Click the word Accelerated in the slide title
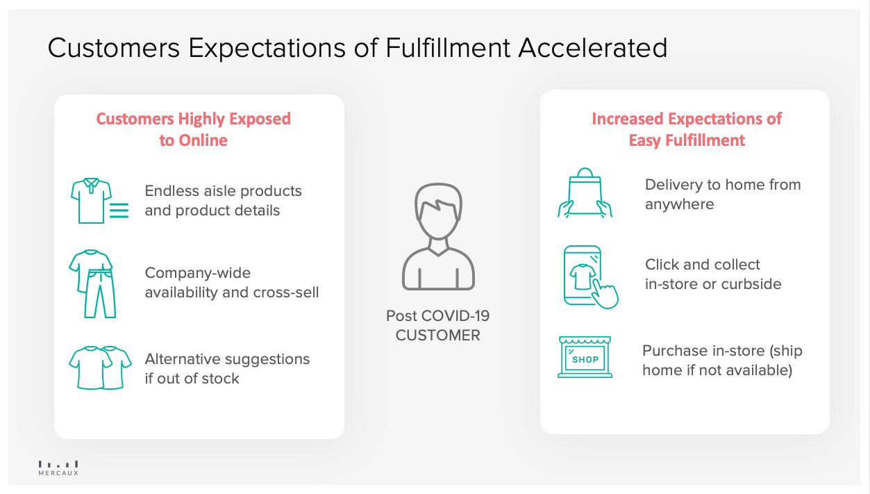click(x=593, y=48)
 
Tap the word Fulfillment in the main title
click(x=447, y=48)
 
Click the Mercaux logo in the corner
click(x=58, y=468)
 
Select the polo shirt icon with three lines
click(x=99, y=201)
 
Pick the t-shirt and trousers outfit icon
click(x=92, y=283)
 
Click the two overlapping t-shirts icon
click(x=100, y=368)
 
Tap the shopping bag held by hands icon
click(x=585, y=192)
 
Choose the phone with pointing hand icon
click(x=591, y=277)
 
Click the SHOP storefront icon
click(x=585, y=357)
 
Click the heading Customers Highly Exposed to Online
click(x=194, y=129)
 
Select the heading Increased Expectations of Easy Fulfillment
click(x=687, y=129)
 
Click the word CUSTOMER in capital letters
click(x=438, y=336)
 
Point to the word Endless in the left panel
click(x=169, y=191)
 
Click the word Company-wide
click(x=198, y=273)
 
